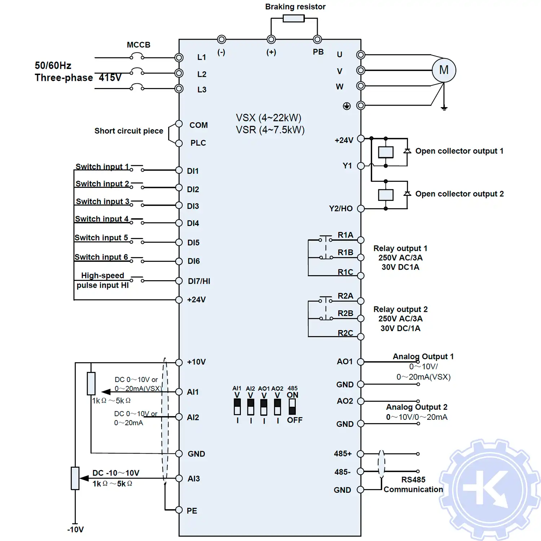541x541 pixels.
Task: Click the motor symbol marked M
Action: click(x=444, y=70)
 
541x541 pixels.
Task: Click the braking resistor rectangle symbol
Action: click(x=294, y=18)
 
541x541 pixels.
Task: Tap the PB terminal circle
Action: click(x=317, y=39)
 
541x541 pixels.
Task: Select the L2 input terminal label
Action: click(x=202, y=74)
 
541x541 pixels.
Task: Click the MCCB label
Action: click(x=138, y=45)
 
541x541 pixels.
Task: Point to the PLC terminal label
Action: click(x=198, y=143)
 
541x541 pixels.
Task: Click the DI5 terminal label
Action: click(x=193, y=243)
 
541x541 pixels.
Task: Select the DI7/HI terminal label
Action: click(x=199, y=281)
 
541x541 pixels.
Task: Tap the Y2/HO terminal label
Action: click(x=340, y=208)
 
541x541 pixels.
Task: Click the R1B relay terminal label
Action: click(x=345, y=252)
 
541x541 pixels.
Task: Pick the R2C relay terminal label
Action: click(x=345, y=333)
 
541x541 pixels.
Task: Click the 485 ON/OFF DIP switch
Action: click(x=292, y=407)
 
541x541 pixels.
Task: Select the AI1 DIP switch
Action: click(x=237, y=407)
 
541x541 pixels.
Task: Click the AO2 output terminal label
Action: click(x=345, y=401)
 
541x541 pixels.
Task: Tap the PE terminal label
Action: click(x=192, y=511)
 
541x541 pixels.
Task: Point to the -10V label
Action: click(x=75, y=529)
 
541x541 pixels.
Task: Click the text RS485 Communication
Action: click(x=413, y=485)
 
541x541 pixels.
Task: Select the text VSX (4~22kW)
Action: click(x=268, y=118)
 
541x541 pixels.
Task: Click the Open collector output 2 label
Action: click(x=459, y=194)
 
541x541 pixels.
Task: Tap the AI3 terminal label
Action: click(x=193, y=479)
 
